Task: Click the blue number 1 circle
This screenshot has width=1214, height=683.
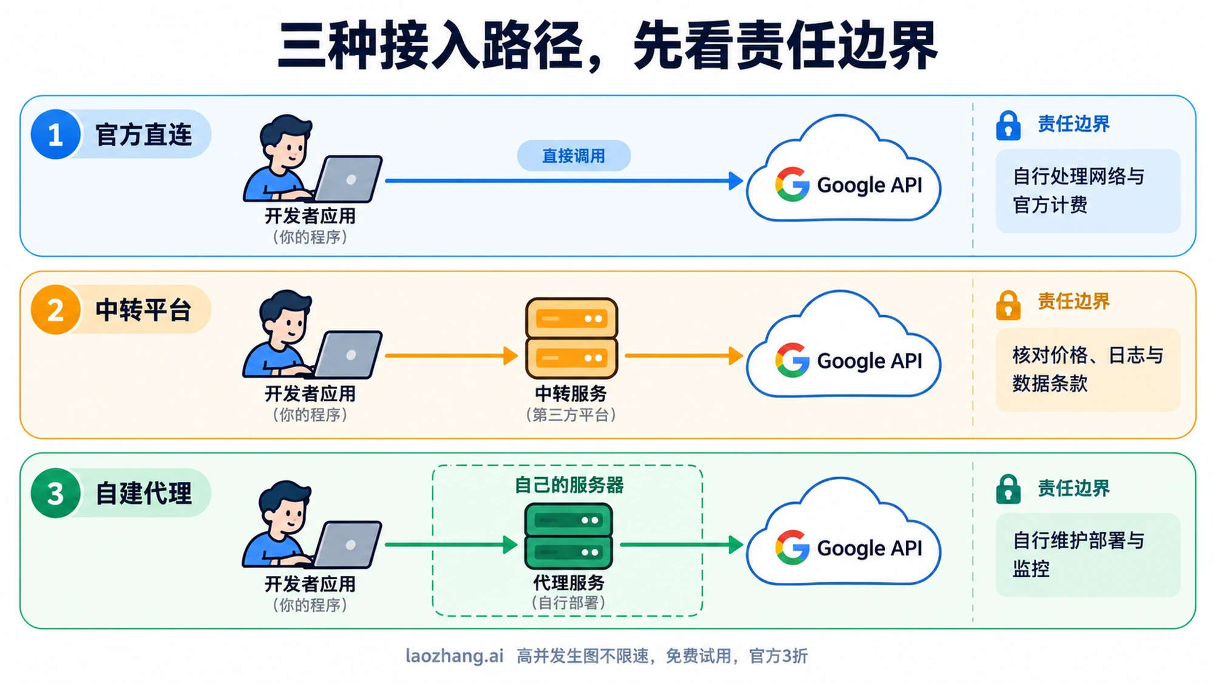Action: click(x=55, y=134)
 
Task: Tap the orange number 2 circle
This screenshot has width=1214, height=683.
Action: click(x=55, y=310)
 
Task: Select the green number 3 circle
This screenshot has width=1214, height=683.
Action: click(x=55, y=493)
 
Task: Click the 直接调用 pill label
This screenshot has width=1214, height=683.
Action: click(x=574, y=156)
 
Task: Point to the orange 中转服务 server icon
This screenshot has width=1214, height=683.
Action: click(x=571, y=338)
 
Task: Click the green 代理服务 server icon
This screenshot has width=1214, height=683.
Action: click(x=568, y=536)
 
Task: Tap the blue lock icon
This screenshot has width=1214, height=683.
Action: click(x=1008, y=126)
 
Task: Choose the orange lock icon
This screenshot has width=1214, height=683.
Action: click(x=1008, y=305)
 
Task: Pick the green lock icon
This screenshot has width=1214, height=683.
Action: click(x=1008, y=489)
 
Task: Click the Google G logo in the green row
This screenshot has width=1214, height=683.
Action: click(x=792, y=548)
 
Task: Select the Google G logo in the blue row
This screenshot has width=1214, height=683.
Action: click(x=792, y=184)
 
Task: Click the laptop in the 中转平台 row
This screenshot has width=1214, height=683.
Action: click(x=346, y=355)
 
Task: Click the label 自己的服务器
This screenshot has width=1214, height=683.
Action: click(x=569, y=485)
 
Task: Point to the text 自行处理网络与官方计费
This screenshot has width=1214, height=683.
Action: click(x=1079, y=191)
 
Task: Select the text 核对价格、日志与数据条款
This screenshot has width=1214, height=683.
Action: click(x=1088, y=369)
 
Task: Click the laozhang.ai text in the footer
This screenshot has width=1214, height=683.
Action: click(x=455, y=656)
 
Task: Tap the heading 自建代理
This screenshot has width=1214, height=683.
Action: click(x=144, y=493)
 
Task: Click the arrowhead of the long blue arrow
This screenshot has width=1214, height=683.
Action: click(x=736, y=180)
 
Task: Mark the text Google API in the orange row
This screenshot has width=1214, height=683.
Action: click(x=869, y=361)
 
